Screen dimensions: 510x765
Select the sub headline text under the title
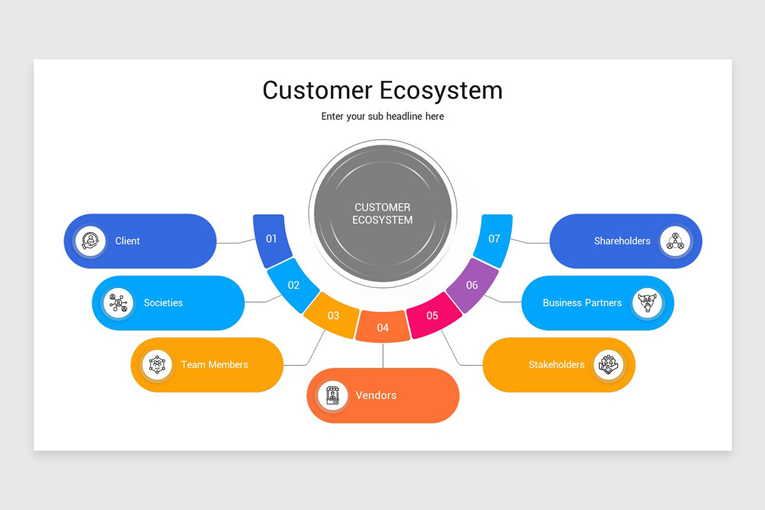[x=382, y=116]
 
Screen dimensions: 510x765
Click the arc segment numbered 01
[x=272, y=239]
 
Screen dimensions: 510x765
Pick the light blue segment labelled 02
[x=293, y=285]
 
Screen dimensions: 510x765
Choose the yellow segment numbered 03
[x=333, y=315]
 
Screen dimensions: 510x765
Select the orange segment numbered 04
[x=382, y=327]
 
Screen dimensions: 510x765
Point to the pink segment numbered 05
[x=433, y=315]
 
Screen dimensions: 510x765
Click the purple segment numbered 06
[x=472, y=285]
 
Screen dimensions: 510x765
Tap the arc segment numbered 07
[x=494, y=239]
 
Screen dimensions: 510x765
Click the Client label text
[x=127, y=241]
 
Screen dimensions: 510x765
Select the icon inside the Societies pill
[x=119, y=303]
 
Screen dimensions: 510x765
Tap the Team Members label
[x=214, y=365]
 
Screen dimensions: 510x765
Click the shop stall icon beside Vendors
[x=333, y=395]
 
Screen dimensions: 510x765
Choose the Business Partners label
[x=582, y=303]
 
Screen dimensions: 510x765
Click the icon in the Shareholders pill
[x=674, y=241]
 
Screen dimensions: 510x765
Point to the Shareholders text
[x=622, y=241]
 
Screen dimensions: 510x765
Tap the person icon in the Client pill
[x=91, y=241]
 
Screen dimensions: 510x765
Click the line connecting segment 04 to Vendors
[x=382, y=355]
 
